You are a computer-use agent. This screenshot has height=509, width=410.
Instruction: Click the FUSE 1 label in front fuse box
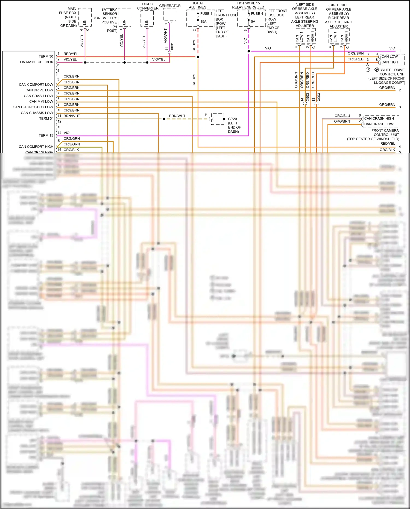(x=206, y=13)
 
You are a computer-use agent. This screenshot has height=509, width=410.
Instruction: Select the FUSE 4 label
(x=257, y=13)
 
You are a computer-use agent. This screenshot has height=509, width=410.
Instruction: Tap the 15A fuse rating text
(x=203, y=22)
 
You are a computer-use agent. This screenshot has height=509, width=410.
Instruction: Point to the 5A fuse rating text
(x=253, y=22)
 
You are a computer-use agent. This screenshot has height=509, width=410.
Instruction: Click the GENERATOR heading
(x=170, y=6)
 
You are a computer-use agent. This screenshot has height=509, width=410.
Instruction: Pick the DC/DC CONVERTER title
(x=148, y=6)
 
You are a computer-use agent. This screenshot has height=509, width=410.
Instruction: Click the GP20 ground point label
(x=232, y=119)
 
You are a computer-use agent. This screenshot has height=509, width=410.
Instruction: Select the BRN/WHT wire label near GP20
(x=177, y=116)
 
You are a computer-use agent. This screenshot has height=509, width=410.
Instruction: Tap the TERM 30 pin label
(x=46, y=56)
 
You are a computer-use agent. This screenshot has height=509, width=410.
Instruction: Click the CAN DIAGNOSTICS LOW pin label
(x=33, y=107)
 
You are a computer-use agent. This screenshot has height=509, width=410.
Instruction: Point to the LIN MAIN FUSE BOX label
(x=36, y=62)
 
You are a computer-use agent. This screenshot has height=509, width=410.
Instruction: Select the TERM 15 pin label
(x=46, y=135)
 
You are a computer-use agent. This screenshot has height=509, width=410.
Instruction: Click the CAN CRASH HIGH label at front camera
(x=379, y=118)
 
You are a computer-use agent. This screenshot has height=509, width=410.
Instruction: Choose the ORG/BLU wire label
(x=342, y=116)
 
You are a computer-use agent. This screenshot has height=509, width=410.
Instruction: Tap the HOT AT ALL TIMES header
(x=198, y=5)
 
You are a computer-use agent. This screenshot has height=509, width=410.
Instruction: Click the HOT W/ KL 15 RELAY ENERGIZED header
(x=248, y=5)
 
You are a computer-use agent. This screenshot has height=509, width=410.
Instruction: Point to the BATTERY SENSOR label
(x=110, y=11)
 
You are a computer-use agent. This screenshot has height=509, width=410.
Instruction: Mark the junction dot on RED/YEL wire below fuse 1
(x=198, y=57)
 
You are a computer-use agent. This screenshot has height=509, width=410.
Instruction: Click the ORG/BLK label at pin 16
(x=71, y=150)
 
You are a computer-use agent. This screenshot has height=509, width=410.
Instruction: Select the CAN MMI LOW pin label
(x=41, y=101)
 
